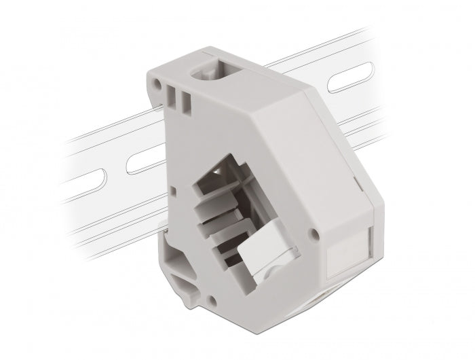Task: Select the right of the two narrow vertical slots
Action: (185, 101)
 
